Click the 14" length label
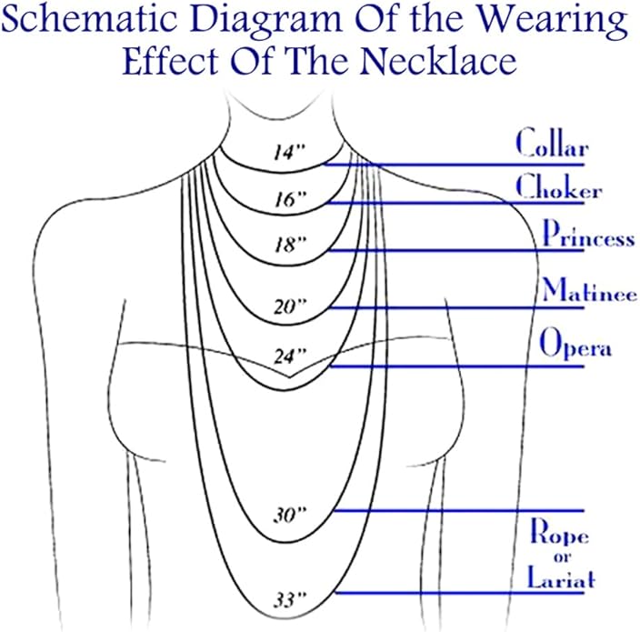[x=289, y=153]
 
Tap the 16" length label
[x=290, y=200]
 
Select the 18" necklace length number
[x=290, y=245]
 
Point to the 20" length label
[x=289, y=306]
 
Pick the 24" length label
[x=289, y=356]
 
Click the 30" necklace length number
[x=289, y=515]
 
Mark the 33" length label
[x=289, y=600]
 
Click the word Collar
[x=552, y=143]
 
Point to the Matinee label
[x=589, y=290]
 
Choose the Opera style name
[x=575, y=344]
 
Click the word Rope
[x=559, y=532]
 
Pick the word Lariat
[x=561, y=577]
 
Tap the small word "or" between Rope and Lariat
[x=563, y=557]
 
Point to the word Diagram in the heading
[x=265, y=20]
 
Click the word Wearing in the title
[x=552, y=20]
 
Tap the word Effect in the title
[x=170, y=60]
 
